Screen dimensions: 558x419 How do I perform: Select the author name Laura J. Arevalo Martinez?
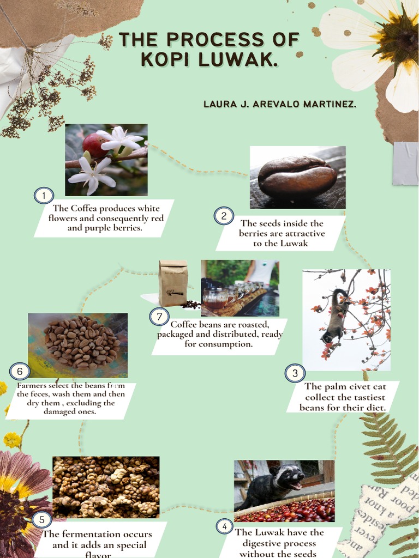[280, 104]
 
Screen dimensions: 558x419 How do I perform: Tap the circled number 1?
[44, 195]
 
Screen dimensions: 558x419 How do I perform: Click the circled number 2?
[224, 216]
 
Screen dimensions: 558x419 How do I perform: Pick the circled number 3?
[295, 373]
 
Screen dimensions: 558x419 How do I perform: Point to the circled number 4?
[224, 526]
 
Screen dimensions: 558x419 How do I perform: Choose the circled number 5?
[41, 519]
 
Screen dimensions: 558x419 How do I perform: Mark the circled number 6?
[20, 372]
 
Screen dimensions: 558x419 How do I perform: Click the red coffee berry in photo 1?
[94, 145]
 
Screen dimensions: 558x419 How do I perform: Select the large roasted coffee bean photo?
[297, 177]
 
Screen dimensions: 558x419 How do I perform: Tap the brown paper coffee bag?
[173, 283]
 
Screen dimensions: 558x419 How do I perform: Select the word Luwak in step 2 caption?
[295, 243]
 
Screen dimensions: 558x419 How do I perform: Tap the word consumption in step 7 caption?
[218, 344]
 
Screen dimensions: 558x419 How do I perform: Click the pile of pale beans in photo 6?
[82, 342]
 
